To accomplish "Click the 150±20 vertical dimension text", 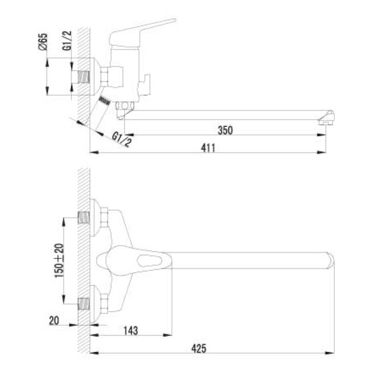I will [59, 260].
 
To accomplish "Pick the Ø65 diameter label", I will [43, 42].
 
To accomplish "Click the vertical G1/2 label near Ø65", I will [67, 42].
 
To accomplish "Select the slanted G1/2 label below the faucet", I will [122, 139].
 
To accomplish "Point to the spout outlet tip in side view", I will [326, 121].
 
